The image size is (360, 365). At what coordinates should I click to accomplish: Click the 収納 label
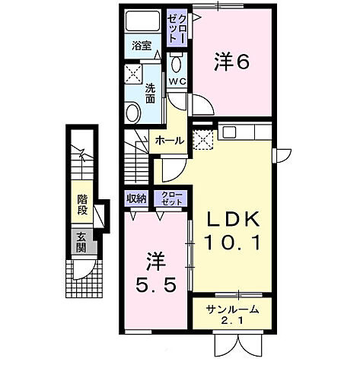[x=137, y=198]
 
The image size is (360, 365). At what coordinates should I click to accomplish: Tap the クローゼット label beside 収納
[x=170, y=198]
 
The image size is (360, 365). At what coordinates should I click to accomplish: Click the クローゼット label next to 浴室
[x=176, y=30]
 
